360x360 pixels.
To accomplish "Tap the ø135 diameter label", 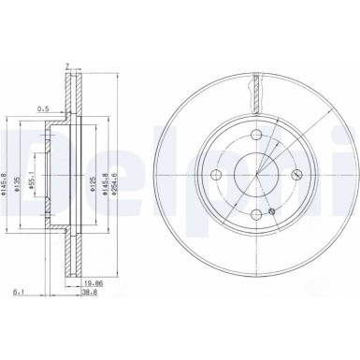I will pyautogui.click(x=20, y=177).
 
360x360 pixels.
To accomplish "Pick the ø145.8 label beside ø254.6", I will pyautogui.click(x=104, y=177).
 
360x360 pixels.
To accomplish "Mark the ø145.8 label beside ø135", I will pyautogui.click(x=8, y=177).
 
